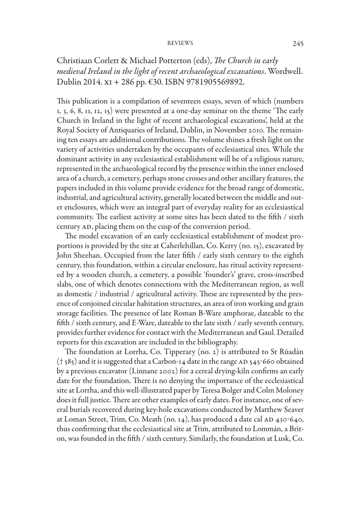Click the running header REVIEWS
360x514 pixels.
point(180,43)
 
